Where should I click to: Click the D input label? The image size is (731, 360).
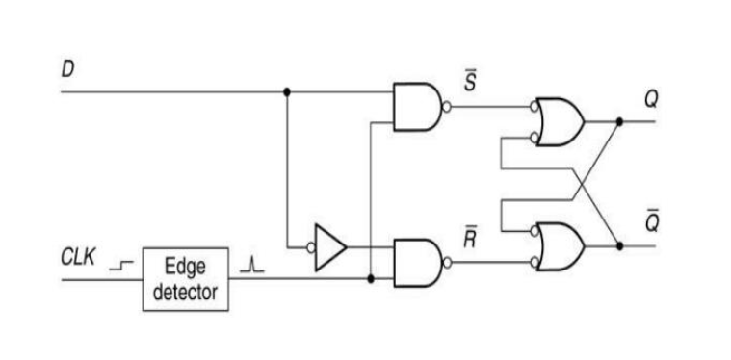pyautogui.click(x=68, y=69)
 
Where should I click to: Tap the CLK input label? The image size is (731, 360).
pyautogui.click(x=78, y=257)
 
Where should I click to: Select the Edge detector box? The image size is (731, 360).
pyautogui.click(x=186, y=279)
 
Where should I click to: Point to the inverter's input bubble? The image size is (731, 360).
pyautogui.click(x=311, y=247)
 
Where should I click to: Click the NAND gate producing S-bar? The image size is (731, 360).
pyautogui.click(x=417, y=107)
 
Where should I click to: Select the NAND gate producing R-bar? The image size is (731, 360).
pyautogui.click(x=418, y=263)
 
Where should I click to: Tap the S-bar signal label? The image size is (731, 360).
pyautogui.click(x=470, y=83)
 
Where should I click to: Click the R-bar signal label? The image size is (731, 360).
pyautogui.click(x=470, y=239)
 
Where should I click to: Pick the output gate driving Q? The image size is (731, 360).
pyautogui.click(x=560, y=121)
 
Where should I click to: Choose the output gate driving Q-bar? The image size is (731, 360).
pyautogui.click(x=560, y=246)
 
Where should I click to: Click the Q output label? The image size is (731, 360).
pyautogui.click(x=651, y=100)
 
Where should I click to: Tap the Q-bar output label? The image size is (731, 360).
pyautogui.click(x=652, y=222)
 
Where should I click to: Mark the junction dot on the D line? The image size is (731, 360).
pyautogui.click(x=287, y=91)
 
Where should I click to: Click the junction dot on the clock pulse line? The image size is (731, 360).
pyautogui.click(x=371, y=279)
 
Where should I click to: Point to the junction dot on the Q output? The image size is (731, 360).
pyautogui.click(x=619, y=121)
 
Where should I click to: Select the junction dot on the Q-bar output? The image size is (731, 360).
pyautogui.click(x=619, y=245)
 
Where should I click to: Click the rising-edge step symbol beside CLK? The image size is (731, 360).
pyautogui.click(x=121, y=266)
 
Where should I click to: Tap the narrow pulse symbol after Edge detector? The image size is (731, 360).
pyautogui.click(x=251, y=266)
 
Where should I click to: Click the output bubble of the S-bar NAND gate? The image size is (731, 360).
pyautogui.click(x=446, y=107)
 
